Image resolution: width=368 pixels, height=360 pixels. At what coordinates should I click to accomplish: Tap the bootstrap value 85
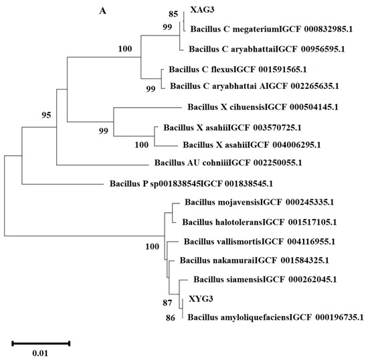173,13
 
